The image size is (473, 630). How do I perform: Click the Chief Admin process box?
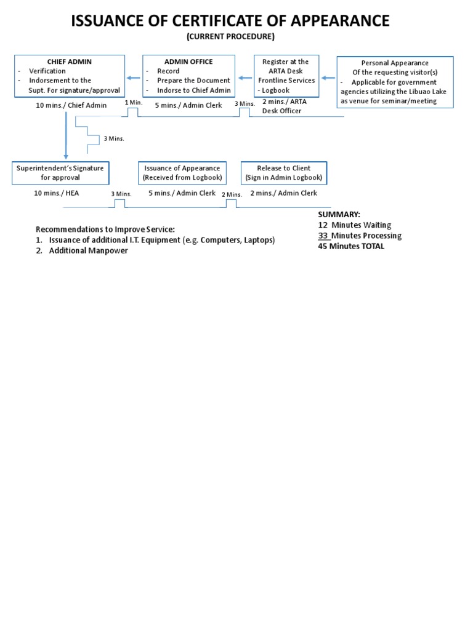point(70,76)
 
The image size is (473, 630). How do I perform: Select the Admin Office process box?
point(188,76)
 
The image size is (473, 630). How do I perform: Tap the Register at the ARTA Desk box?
point(286,76)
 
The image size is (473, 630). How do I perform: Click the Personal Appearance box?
point(395,82)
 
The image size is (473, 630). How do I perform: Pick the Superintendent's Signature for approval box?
point(60,173)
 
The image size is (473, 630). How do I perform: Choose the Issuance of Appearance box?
point(182,173)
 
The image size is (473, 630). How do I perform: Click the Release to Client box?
point(284,173)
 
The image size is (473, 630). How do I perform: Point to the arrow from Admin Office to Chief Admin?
point(134,78)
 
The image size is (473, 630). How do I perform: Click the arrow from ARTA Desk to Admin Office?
point(245,78)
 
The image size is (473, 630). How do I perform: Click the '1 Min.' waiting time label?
point(134,102)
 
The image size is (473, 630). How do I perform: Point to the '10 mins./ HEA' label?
point(57,193)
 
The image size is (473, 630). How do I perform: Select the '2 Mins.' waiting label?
point(232,194)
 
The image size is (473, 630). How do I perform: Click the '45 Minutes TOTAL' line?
point(350,246)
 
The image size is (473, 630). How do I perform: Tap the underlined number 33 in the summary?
point(323,236)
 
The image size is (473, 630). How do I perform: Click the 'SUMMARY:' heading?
point(339,214)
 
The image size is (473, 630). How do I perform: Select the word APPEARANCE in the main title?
point(331,21)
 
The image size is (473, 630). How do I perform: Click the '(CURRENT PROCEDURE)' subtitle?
point(231,37)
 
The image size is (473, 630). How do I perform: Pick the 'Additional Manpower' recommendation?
point(89,250)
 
